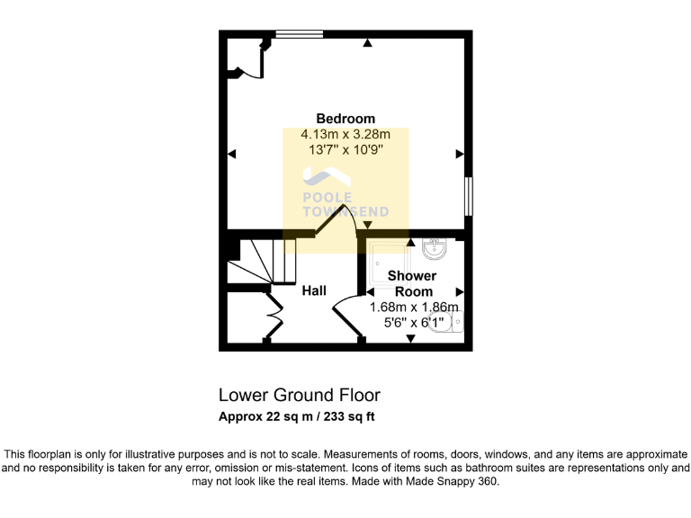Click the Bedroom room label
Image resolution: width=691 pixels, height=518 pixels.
click(x=345, y=119)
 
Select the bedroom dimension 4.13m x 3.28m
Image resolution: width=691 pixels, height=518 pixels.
click(x=345, y=135)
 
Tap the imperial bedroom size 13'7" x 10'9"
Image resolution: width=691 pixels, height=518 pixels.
click(x=345, y=150)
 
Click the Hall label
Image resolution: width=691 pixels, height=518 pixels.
click(x=314, y=290)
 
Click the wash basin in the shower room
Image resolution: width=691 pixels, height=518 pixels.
click(x=435, y=247)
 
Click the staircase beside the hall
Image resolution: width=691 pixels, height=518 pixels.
click(x=260, y=261)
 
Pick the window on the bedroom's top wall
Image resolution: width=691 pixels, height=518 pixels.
click(x=300, y=35)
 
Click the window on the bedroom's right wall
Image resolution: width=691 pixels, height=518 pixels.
click(x=468, y=195)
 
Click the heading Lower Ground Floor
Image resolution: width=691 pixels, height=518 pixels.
click(x=300, y=395)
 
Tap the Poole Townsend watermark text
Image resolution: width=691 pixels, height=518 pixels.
click(x=345, y=205)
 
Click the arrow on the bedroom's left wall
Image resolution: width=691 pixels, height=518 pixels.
click(x=232, y=154)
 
